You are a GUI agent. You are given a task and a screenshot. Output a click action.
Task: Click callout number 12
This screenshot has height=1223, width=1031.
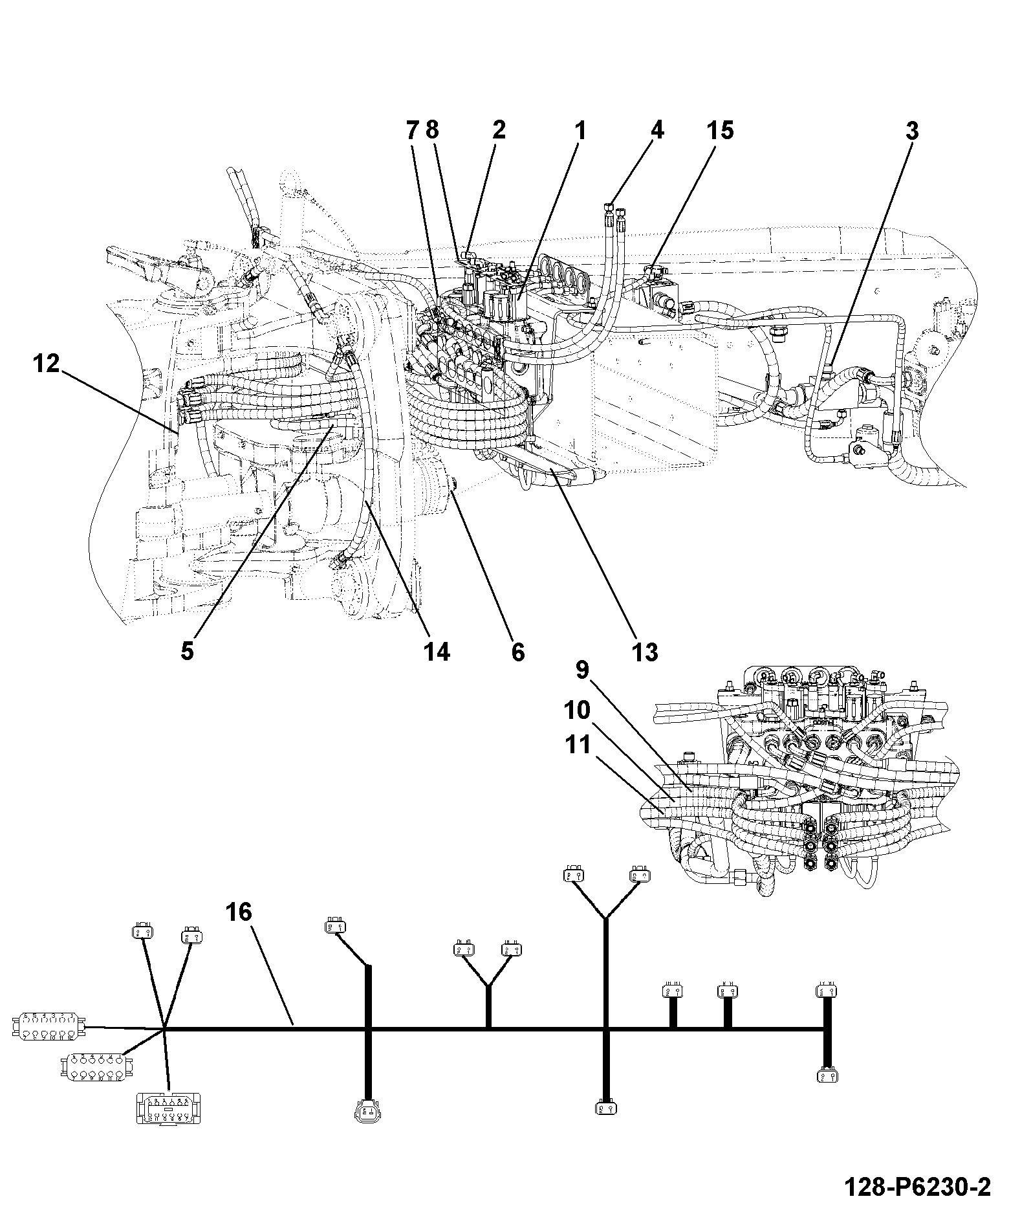click(47, 364)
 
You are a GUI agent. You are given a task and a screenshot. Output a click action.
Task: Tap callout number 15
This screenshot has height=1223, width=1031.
click(720, 131)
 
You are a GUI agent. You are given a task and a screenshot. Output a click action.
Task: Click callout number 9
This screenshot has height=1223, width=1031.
click(582, 670)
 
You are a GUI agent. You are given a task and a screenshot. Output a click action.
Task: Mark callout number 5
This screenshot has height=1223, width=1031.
click(187, 651)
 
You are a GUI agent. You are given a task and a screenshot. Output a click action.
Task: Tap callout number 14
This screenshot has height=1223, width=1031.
click(437, 651)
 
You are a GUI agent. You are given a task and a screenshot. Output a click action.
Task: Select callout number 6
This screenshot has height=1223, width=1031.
click(517, 651)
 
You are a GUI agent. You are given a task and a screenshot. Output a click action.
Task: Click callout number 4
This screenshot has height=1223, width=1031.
click(657, 131)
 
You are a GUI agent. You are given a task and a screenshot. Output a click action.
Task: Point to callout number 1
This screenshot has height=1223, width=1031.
click(580, 131)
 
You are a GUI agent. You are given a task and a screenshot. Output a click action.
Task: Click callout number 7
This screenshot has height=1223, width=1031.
click(413, 131)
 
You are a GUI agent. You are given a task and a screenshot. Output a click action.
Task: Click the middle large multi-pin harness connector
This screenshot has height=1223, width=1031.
click(97, 1067)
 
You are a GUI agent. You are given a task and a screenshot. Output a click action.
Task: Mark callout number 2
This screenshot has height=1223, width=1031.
click(498, 131)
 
